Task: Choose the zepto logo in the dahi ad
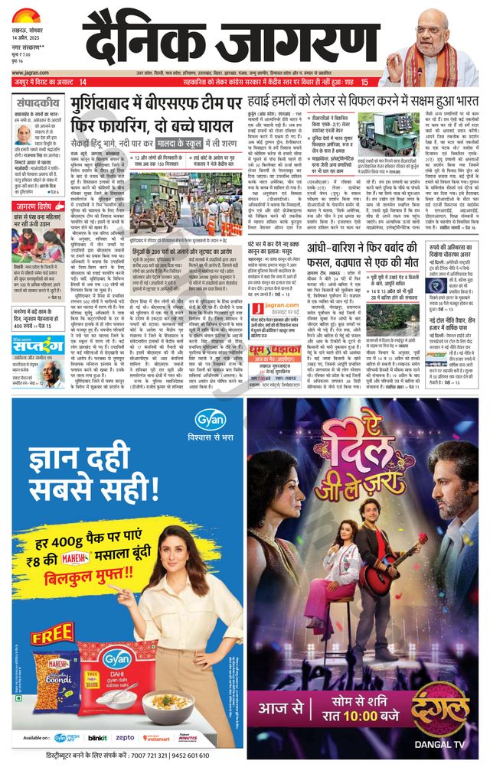tap(125, 737)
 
